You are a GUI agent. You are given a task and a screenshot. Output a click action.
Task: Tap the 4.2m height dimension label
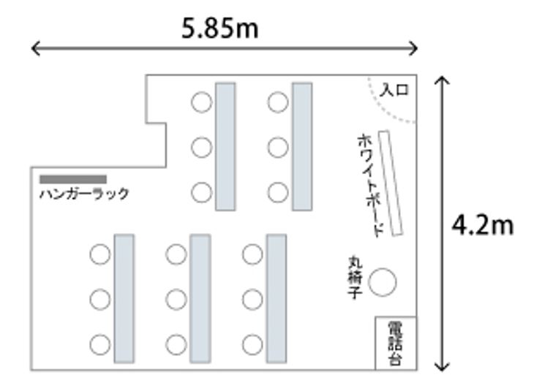[x=482, y=226]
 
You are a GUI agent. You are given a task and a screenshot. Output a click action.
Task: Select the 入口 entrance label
[x=394, y=91]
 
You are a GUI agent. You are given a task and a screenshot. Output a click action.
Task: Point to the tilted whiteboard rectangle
[x=391, y=183]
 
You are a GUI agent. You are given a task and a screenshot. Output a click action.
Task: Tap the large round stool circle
[x=382, y=282]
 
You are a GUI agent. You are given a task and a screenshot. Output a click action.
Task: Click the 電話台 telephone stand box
[x=396, y=343]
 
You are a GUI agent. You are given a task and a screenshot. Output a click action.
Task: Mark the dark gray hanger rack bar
[x=73, y=179]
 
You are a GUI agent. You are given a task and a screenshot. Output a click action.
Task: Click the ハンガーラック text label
[x=84, y=194]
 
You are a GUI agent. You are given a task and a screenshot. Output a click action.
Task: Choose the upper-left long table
[x=225, y=146]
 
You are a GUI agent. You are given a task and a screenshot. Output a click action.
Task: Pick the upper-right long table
[x=302, y=146]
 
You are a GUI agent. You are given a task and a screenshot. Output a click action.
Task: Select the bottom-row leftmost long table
[x=124, y=298]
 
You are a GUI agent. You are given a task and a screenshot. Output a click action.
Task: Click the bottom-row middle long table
[x=200, y=298]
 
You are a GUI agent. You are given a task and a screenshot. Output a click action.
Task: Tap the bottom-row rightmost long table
[x=276, y=298]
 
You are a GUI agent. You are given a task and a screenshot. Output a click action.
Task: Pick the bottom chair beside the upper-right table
[x=278, y=193]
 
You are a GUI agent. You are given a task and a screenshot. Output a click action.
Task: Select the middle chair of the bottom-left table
[x=100, y=298]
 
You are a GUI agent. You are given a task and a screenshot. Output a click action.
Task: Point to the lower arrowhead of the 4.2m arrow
[x=441, y=365]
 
